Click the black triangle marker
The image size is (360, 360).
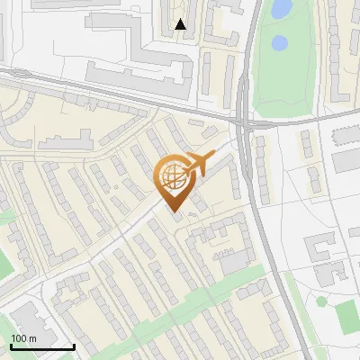pyautogui.click(x=181, y=24)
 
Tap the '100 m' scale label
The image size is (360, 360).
pyautogui.click(x=23, y=337)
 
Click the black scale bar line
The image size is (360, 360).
pyautogui.click(x=42, y=346)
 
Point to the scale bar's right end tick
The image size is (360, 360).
pyautogui.click(x=74, y=345)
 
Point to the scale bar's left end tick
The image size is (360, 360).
pyautogui.click(x=11, y=345)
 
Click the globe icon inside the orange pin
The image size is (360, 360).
pyautogui.click(x=171, y=178)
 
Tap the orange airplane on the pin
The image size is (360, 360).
pyautogui.click(x=197, y=164)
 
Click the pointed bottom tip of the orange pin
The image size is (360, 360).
pyautogui.click(x=174, y=212)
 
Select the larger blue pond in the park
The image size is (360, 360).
pyautogui.click(x=282, y=9)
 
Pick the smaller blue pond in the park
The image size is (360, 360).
pyautogui.click(x=280, y=42)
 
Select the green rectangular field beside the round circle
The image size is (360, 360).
pyautogui.click(x=346, y=315)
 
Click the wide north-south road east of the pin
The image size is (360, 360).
pyautogui.click(x=258, y=207)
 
